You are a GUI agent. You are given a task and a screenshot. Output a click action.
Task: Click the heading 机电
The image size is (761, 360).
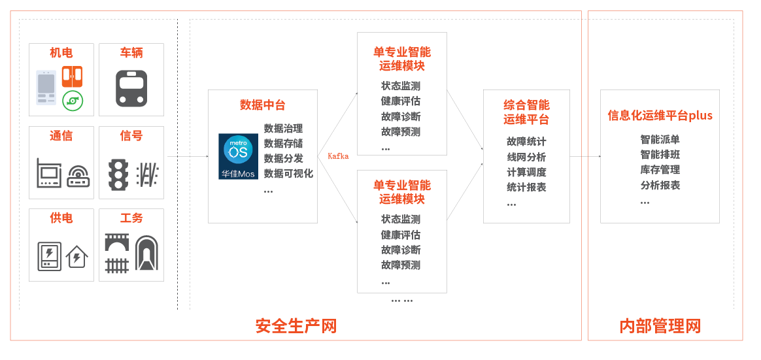(61, 53)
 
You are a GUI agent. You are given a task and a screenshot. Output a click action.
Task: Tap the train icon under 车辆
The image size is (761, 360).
(131, 88)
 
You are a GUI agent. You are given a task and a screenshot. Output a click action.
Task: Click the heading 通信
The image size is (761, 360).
(61, 136)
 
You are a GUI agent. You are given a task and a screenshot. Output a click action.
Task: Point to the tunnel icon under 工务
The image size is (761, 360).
(146, 254)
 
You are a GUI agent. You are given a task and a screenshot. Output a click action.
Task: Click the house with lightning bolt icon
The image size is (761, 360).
(77, 256)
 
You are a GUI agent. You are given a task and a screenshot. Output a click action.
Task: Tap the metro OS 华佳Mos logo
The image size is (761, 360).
(238, 157)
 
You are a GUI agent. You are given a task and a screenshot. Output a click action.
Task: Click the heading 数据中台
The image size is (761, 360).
(262, 105)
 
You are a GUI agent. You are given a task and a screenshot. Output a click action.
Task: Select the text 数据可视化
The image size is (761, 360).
(288, 174)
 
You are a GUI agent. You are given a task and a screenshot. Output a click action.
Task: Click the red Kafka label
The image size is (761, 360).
(338, 156)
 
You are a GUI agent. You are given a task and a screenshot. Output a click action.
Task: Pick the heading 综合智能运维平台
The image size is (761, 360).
(526, 112)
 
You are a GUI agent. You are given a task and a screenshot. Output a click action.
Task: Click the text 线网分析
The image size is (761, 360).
(526, 157)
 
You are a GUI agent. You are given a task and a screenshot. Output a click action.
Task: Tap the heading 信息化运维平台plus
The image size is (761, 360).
(660, 116)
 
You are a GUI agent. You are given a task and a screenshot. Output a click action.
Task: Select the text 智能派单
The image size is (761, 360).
(660, 140)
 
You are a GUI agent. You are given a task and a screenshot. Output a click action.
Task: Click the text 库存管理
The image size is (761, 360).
(660, 170)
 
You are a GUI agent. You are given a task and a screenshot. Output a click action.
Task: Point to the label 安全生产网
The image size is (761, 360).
(296, 325)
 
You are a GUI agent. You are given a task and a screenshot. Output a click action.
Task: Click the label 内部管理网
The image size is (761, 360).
(660, 325)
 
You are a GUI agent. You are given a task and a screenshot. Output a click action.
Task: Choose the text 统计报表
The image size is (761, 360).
(526, 188)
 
